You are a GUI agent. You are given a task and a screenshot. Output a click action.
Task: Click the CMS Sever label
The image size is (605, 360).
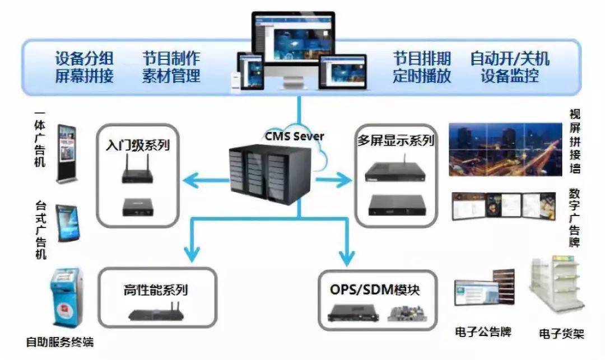coord(295,135)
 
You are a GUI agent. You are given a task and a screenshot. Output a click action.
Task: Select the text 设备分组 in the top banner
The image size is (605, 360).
coord(85,59)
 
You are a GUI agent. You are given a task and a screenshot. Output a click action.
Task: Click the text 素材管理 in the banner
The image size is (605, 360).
coord(171,76)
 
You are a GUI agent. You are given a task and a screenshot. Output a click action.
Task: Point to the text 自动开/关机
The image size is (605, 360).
coord(510,59)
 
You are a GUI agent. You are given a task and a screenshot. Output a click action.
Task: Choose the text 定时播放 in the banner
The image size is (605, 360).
coord(422,76)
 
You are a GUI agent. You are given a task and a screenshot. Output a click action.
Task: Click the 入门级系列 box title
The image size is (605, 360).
coord(138,145)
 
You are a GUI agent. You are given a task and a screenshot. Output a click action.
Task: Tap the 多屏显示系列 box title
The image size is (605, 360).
coord(396,141)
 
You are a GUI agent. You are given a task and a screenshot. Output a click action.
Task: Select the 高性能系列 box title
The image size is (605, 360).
coord(156,289)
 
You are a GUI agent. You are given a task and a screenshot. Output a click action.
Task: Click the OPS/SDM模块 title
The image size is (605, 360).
coord(375,289)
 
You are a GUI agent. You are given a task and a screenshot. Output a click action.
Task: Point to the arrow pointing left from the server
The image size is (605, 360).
coord(206,180)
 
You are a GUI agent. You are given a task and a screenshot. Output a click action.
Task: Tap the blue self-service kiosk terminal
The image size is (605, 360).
coord(66,298)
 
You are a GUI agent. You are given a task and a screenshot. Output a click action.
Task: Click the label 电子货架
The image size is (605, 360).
coord(561,333)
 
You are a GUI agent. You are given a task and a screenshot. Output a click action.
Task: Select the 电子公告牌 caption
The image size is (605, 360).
coord(483,331)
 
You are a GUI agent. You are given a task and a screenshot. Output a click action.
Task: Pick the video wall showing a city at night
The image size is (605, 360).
coord(505,149)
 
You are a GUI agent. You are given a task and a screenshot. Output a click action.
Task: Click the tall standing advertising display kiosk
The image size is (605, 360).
coord(67,153)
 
